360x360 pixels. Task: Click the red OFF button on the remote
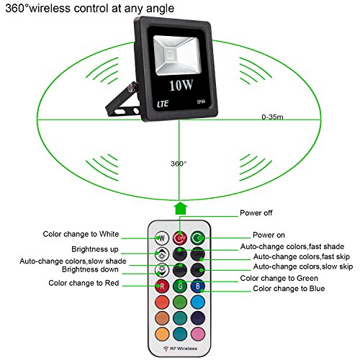pos(180,238)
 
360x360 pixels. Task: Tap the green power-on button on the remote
pos(198,238)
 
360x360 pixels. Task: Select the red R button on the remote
pos(162,286)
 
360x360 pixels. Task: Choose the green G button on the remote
pos(180,286)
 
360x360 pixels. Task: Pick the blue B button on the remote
pos(198,286)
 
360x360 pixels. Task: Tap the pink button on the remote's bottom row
pos(198,334)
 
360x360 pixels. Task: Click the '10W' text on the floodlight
pos(181,85)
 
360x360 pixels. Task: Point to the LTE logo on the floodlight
pos(163,104)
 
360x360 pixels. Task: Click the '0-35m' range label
pos(272,117)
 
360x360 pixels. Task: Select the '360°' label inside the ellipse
pos(179,163)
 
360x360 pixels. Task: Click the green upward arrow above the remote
pos(181,208)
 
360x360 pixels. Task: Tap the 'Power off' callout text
pos(256,213)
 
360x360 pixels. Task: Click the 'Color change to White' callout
pos(81,234)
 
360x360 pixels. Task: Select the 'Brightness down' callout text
pos(90,269)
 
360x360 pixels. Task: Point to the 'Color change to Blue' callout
pos(289,289)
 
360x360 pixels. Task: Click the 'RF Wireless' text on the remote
pos(184,348)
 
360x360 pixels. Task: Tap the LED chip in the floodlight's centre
pos(170,55)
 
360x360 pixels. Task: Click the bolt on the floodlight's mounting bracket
pos(132,87)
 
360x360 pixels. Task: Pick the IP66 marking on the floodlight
pos(201,102)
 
